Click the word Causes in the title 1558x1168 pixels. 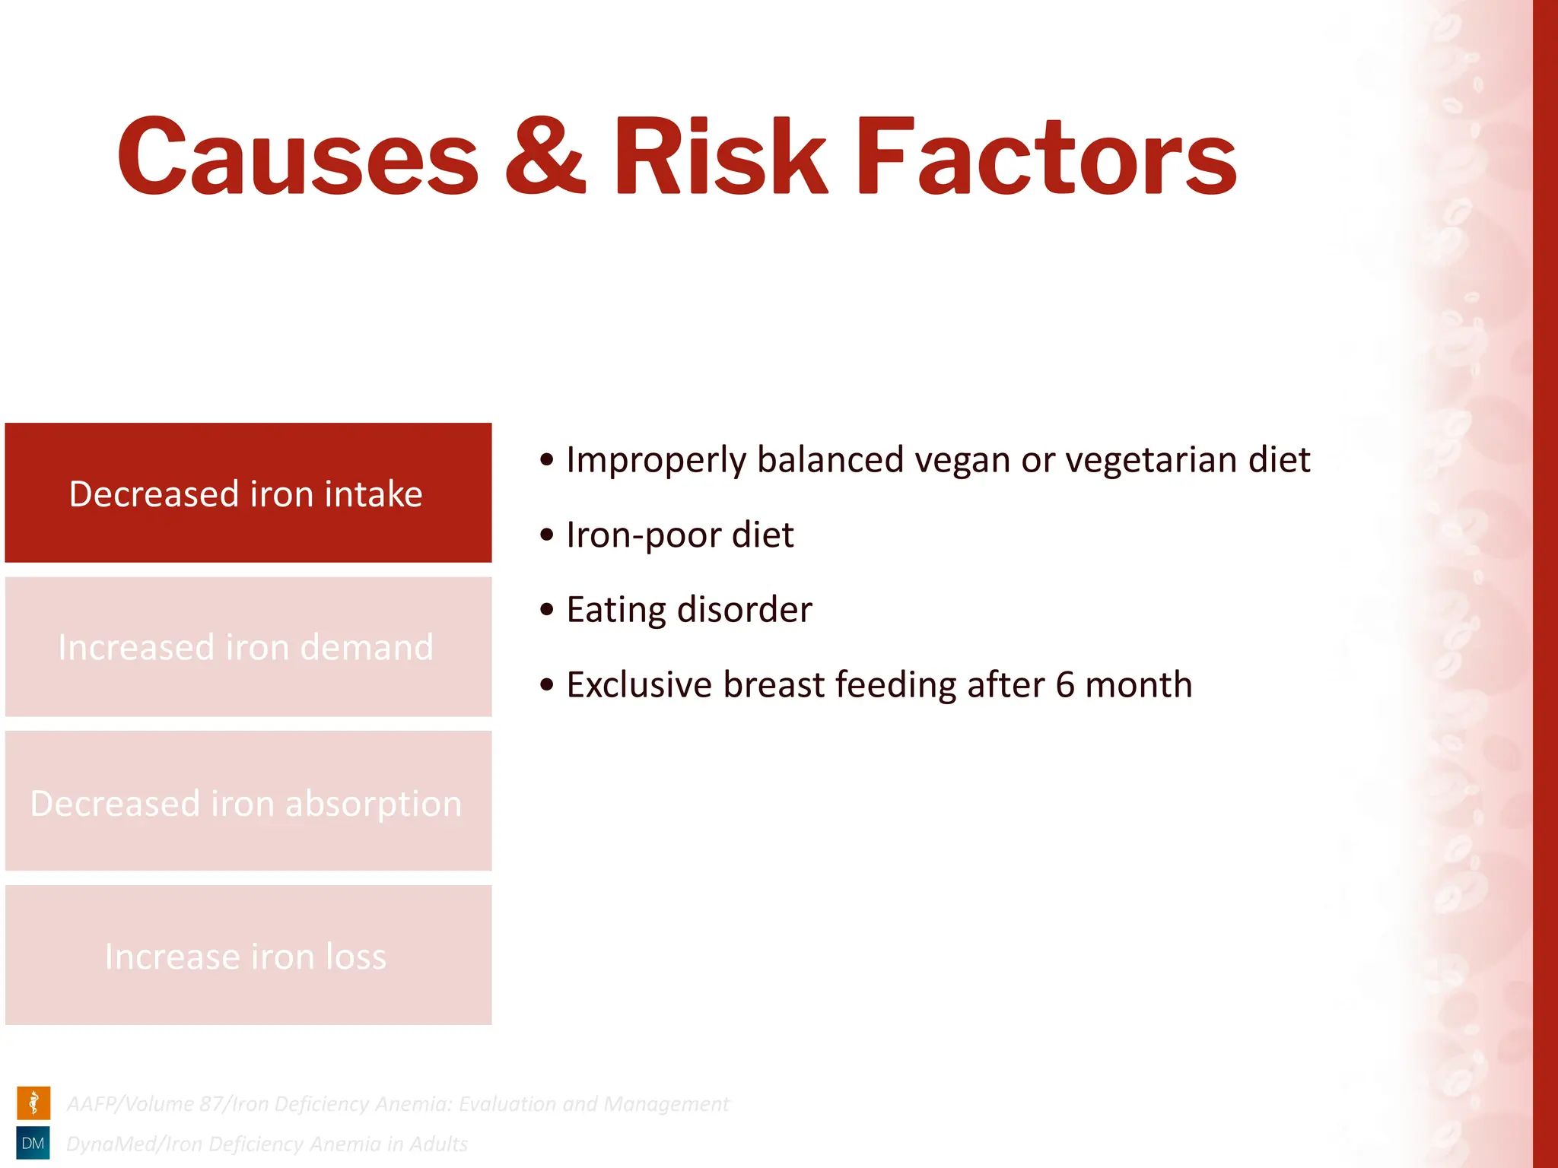297,158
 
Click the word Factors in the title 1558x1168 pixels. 1046,158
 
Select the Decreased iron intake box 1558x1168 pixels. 248,493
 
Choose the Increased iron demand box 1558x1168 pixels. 248,647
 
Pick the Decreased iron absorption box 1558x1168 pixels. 248,801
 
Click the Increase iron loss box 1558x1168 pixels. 248,955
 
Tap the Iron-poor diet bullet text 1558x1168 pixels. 679,535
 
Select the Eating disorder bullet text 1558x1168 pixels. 688,610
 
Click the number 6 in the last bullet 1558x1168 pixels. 1064,684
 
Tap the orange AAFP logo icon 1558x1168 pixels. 33,1103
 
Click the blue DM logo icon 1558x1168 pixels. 33,1143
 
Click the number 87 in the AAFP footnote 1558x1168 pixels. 211,1103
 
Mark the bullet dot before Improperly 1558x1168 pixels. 546,460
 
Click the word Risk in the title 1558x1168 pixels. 719,158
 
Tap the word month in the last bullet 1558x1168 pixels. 1138,684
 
